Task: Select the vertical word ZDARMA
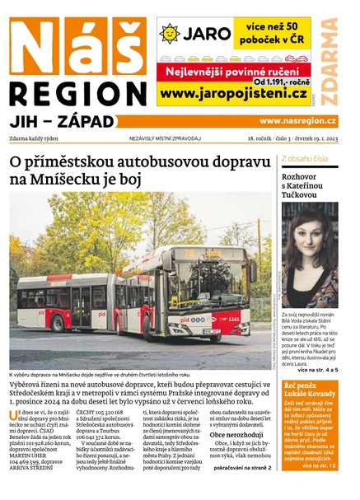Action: point(330,61)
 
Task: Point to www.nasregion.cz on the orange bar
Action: point(298,121)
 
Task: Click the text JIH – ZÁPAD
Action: point(61,121)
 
